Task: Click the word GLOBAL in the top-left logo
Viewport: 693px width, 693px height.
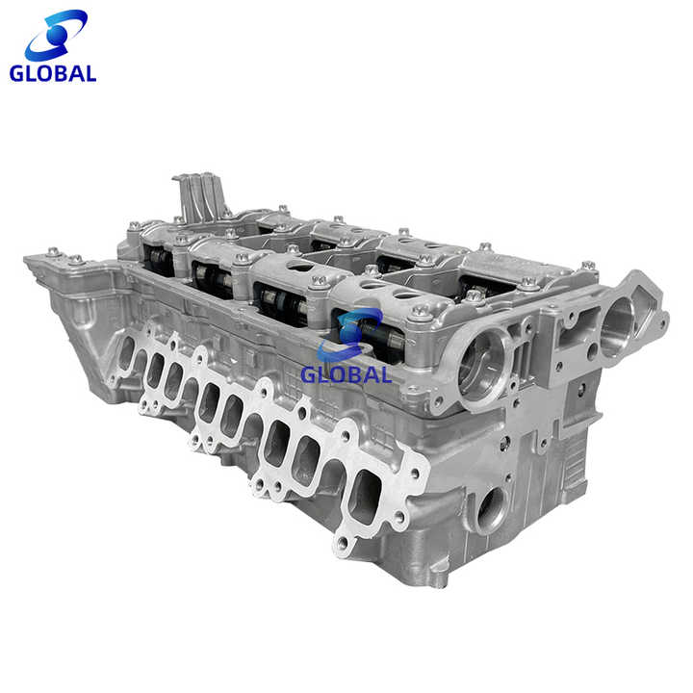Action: pos(53,73)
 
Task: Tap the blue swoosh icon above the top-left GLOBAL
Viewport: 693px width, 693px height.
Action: pos(56,36)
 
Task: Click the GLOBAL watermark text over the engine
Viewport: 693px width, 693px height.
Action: pos(346,374)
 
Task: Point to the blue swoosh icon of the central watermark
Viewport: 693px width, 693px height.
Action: pos(350,335)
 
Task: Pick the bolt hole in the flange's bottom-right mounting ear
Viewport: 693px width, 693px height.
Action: pos(343,542)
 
